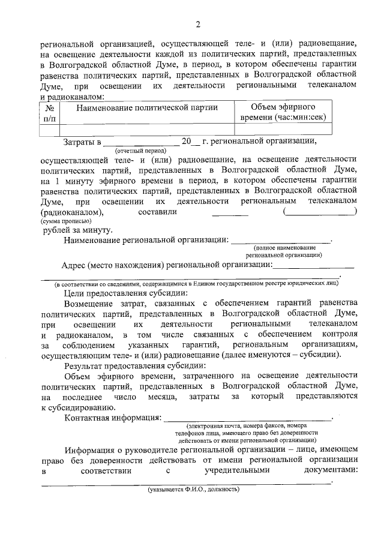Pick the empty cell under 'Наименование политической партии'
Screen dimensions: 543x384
[146, 128]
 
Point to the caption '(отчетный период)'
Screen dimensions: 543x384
[141, 152]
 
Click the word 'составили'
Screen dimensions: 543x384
[157, 212]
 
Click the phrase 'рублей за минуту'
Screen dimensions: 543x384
[77, 230]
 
